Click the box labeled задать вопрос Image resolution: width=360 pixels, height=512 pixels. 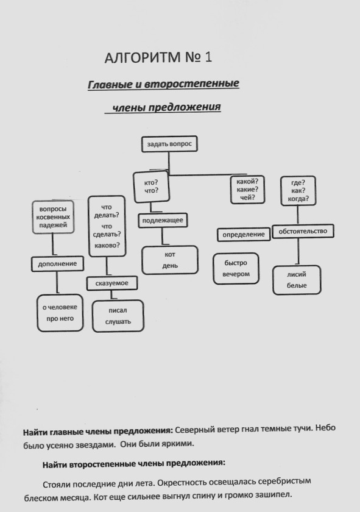pyautogui.click(x=169, y=144)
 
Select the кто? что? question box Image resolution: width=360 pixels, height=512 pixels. pyautogui.click(x=152, y=187)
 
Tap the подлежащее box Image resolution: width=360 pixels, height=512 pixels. pyautogui.click(x=163, y=221)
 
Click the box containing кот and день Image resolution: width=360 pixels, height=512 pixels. pyautogui.click(x=170, y=260)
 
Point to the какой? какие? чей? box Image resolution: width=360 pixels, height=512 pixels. pyautogui.click(x=247, y=190)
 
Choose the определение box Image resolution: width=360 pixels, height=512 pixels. pyautogui.click(x=244, y=235)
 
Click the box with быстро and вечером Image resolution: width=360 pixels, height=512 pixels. pyautogui.click(x=236, y=268)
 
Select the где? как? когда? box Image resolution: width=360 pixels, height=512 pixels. pyautogui.click(x=298, y=191)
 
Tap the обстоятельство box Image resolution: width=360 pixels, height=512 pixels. pyautogui.click(x=303, y=231)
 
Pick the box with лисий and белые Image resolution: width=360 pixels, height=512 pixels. pyautogui.click(x=297, y=280)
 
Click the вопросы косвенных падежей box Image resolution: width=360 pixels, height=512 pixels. pyautogui.click(x=53, y=217)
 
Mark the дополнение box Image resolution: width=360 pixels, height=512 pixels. pyautogui.click(x=57, y=264)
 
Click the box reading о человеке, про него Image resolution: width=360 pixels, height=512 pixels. pyautogui.click(x=60, y=313)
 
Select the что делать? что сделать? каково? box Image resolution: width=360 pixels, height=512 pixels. pyautogui.click(x=107, y=226)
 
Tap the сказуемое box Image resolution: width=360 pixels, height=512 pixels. pyautogui.click(x=112, y=283)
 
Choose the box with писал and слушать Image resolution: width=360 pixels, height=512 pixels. pyautogui.click(x=118, y=316)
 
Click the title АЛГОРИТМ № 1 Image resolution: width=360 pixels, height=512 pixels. pyautogui.click(x=158, y=57)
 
